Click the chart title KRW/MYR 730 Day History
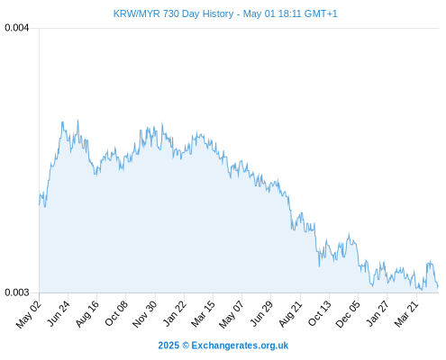[173, 13]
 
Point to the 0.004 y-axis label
[17, 28]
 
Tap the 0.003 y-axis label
[17, 292]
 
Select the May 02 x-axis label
[29, 314]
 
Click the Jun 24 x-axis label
[59, 313]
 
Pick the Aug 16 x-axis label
[87, 313]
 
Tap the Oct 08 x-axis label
[116, 313]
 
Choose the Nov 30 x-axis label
[145, 314]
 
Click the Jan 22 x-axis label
[175, 313]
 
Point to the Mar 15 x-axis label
[204, 313]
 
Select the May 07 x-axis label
[232, 314]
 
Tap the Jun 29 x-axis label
[261, 313]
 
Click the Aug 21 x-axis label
[290, 313]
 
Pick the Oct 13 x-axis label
[320, 313]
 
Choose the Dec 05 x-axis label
[348, 314]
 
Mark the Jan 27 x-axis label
[378, 313]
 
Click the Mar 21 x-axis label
[406, 313]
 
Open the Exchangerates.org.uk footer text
[240, 346]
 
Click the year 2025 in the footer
[168, 346]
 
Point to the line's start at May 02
[39, 205]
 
